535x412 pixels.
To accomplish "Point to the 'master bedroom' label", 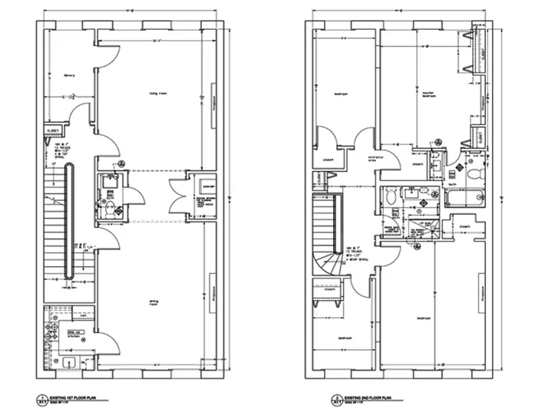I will coord(429,96).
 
